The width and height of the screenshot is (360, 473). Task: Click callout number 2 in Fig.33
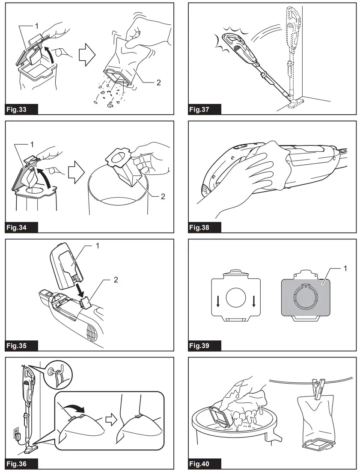pyautogui.click(x=158, y=82)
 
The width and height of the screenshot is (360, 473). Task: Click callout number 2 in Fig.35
pyautogui.click(x=115, y=281)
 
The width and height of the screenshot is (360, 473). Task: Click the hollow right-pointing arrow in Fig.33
pyautogui.click(x=87, y=56)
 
